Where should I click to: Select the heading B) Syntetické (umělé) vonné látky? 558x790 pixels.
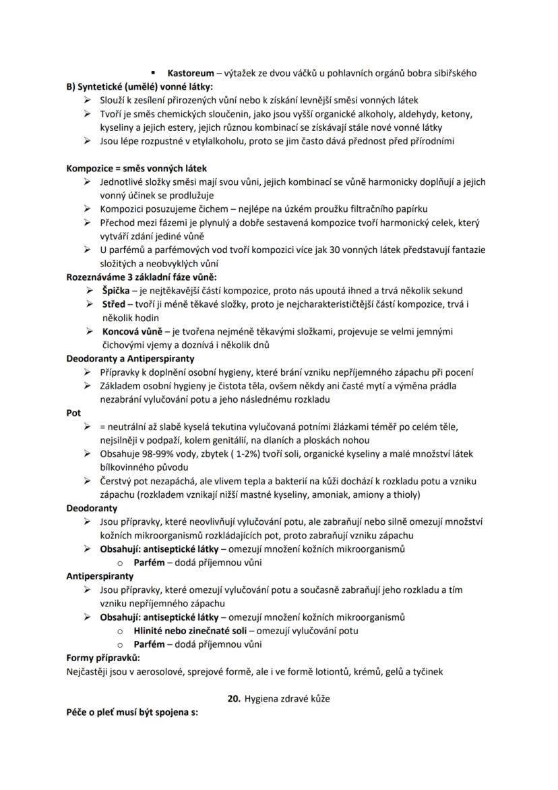(139, 86)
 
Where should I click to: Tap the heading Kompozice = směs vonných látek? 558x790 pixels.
(136, 168)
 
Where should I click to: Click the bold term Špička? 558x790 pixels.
(114, 291)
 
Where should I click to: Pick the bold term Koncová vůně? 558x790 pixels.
(132, 331)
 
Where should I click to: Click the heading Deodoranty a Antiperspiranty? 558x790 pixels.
(130, 359)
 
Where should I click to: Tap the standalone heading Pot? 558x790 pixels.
(73, 413)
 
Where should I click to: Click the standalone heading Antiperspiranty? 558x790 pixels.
(100, 576)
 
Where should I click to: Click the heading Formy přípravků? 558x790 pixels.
(102, 658)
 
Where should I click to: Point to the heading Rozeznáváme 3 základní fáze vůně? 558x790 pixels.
(142, 277)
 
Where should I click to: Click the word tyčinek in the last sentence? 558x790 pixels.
(427, 671)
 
